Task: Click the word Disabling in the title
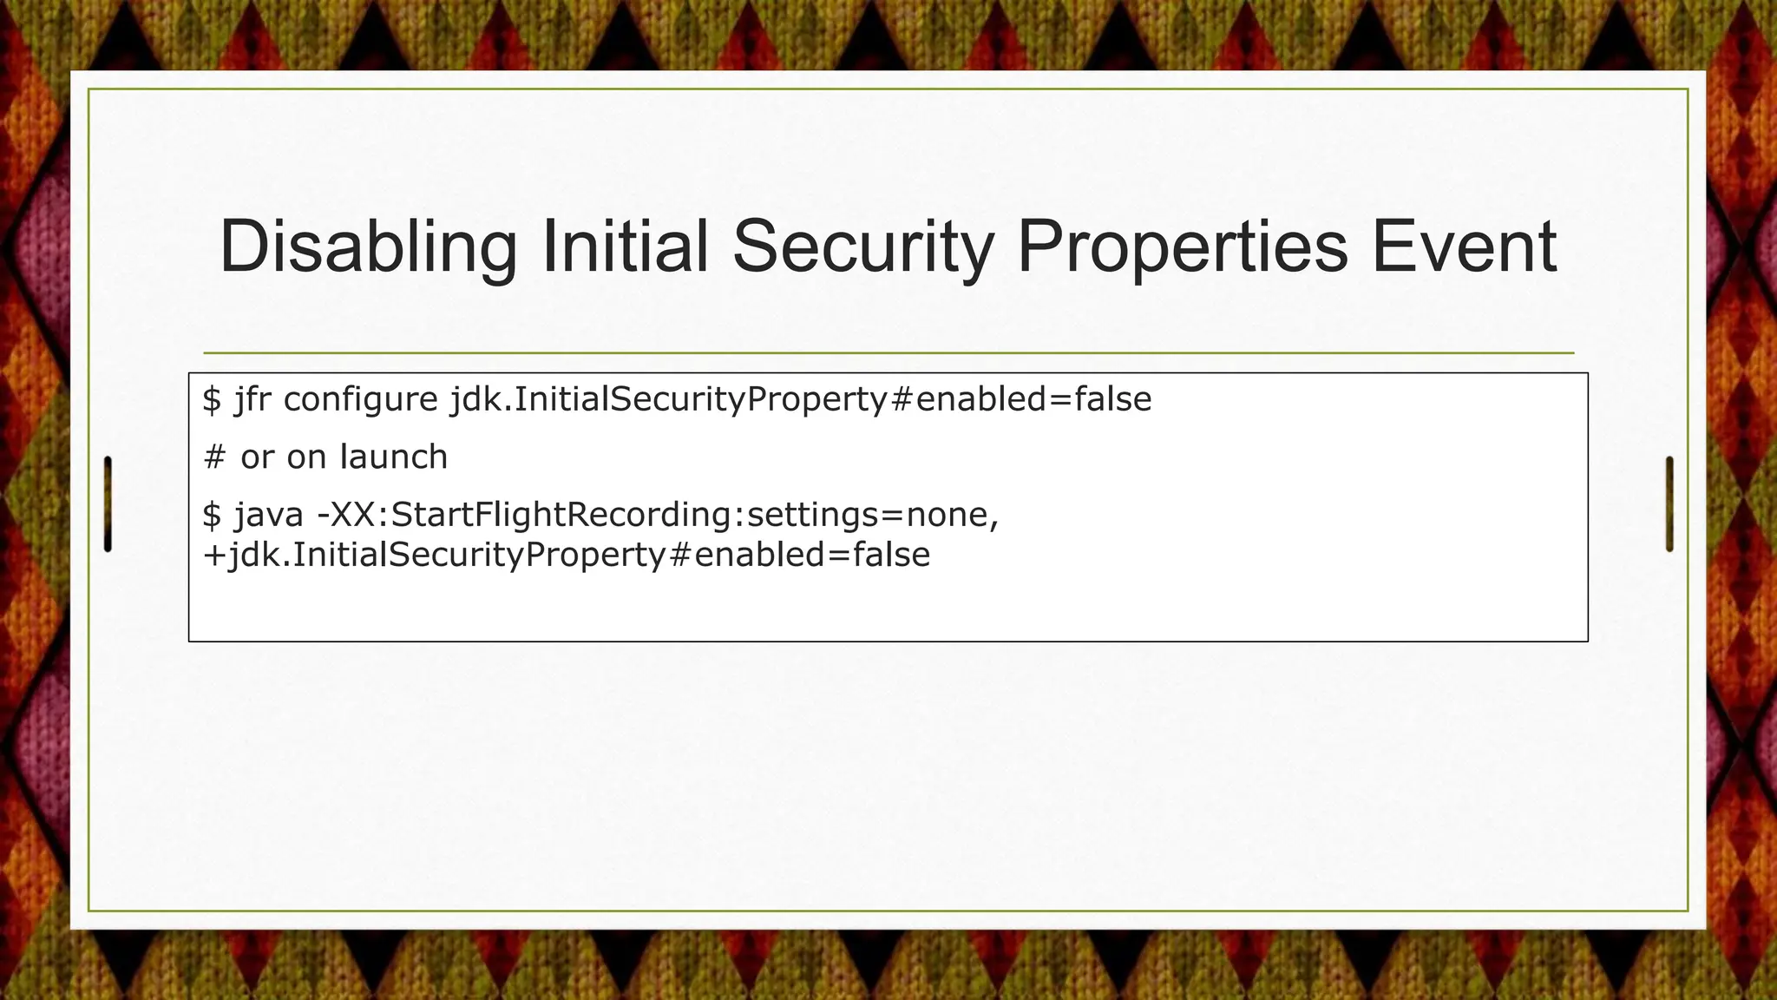368,247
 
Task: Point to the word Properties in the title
1182,247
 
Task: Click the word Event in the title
1464,247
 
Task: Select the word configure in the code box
360,399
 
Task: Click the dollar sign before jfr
212,399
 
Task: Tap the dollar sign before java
212,515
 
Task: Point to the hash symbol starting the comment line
213,457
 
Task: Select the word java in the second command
268,515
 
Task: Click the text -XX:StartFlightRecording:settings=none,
658,515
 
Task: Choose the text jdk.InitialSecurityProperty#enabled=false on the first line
800,399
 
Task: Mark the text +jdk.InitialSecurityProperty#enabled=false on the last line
566,555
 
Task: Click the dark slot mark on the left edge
108,503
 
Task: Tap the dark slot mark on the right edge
1669,503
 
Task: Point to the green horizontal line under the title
888,353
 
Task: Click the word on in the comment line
306,457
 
